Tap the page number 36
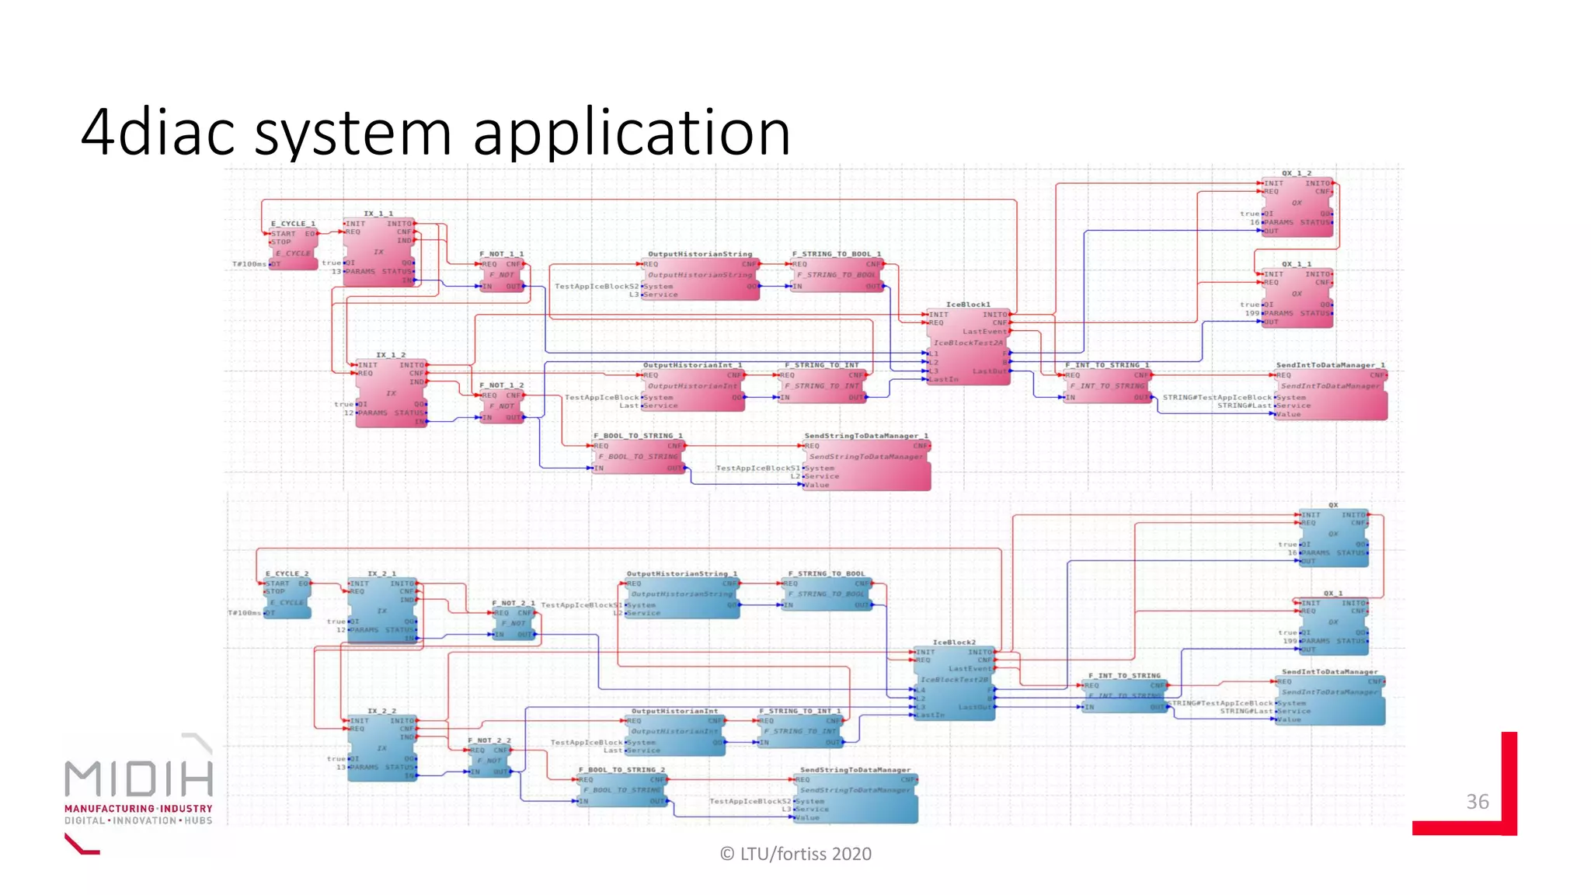coord(1477,802)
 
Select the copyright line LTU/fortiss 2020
coord(795,854)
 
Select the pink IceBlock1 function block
coord(969,346)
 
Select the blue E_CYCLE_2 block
coord(288,597)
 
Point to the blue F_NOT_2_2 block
coord(489,761)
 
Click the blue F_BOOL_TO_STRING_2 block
coord(622,790)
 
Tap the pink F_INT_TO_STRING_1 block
coord(1106,385)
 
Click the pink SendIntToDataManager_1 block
coord(1331,395)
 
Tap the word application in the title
coord(632,132)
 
